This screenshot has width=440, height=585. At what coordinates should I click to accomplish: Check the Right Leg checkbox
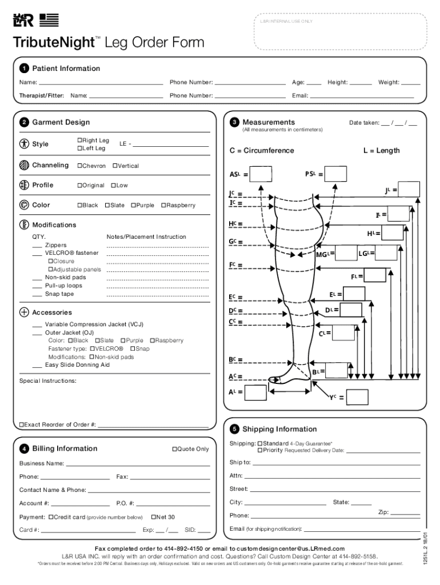click(x=79, y=141)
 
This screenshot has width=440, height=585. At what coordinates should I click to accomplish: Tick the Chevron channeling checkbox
click(x=79, y=166)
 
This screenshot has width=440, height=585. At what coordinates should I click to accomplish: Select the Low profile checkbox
click(x=113, y=185)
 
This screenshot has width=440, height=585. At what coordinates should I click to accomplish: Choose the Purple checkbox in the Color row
click(x=133, y=205)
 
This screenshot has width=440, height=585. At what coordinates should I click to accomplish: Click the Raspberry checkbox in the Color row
click(x=163, y=205)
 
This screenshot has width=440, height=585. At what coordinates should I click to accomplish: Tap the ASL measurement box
click(x=261, y=174)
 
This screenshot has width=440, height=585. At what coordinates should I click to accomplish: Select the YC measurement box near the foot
click(x=357, y=396)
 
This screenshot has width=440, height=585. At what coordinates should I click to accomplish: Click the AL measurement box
click(x=255, y=392)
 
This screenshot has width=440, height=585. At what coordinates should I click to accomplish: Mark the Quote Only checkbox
click(x=175, y=449)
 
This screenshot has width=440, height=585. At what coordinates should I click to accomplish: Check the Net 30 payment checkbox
click(x=154, y=517)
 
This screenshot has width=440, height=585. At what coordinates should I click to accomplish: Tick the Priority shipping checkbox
click(x=260, y=450)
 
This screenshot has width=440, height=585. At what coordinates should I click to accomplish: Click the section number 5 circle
click(x=234, y=429)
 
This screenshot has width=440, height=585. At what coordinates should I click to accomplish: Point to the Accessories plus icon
click(x=24, y=312)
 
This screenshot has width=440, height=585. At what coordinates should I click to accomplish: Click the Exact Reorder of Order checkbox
click(x=22, y=424)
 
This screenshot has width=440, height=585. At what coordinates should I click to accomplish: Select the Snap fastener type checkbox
click(x=133, y=348)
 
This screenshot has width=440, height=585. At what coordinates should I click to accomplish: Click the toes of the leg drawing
click(x=275, y=379)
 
